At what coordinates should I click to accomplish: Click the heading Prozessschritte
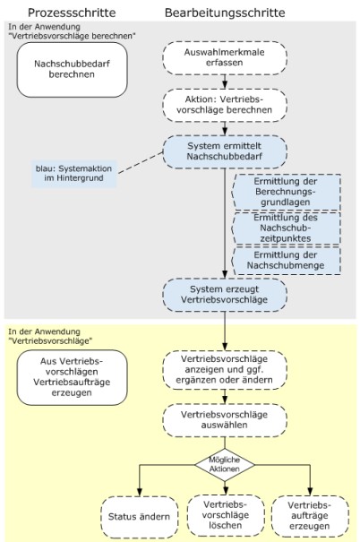pos(72,13)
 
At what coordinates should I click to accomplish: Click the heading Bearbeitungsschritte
pos(225,13)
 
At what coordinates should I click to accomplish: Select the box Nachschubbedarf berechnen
pos(73,70)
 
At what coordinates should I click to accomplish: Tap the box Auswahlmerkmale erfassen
pos(225,57)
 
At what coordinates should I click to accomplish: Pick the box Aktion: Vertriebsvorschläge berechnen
pos(225,105)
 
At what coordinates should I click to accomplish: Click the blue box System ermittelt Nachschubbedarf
pos(225,151)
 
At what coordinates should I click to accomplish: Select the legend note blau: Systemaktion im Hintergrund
pos(74,174)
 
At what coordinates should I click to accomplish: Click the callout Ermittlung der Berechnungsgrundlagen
pos(287,192)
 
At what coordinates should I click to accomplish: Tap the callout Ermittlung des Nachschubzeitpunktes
pos(287,228)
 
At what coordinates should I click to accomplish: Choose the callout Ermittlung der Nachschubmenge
pos(287,261)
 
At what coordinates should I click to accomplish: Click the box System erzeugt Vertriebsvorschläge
pos(225,295)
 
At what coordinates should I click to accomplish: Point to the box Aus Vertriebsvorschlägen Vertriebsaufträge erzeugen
pos(73,377)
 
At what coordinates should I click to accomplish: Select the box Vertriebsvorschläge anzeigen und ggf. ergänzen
pos(225,369)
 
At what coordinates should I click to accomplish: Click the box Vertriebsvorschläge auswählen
pos(225,420)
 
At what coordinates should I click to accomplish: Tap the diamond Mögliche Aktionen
pos(225,465)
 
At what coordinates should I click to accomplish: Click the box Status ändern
pos(139,516)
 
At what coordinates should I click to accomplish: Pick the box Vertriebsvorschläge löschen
pos(226,515)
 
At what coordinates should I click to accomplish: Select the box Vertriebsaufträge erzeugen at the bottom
pos(310,516)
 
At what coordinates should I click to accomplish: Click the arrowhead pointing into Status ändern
pos(139,492)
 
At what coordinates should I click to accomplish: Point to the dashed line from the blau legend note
pos(140,162)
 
